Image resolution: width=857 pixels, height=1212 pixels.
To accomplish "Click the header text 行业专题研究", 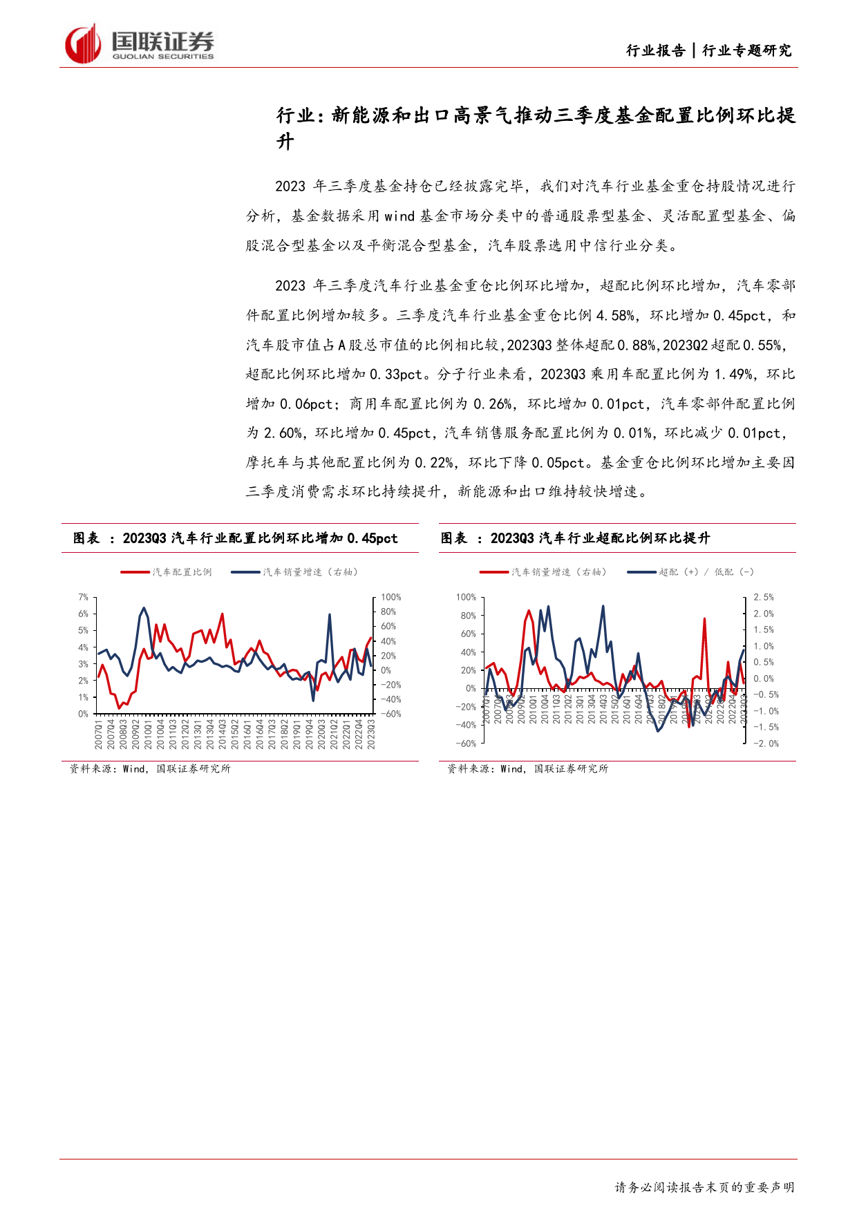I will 746,50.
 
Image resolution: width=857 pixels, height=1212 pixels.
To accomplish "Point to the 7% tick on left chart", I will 83,597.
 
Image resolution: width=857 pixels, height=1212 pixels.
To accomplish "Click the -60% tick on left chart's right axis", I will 390,714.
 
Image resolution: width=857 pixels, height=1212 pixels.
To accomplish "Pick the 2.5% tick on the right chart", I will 763,597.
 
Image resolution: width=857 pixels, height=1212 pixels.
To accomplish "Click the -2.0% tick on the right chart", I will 765,744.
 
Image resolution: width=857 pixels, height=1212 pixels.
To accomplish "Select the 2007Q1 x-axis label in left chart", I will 99,734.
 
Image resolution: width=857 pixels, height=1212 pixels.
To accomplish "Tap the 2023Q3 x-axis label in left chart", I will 371,734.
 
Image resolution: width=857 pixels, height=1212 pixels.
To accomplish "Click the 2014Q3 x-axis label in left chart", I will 223,734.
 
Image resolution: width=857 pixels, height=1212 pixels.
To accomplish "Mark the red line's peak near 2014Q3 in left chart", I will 222,614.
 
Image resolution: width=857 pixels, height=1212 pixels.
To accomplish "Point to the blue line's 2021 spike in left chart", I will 330,614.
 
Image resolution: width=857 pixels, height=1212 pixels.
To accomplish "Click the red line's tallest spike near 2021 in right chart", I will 704,618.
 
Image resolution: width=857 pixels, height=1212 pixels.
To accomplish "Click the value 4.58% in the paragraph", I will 614,316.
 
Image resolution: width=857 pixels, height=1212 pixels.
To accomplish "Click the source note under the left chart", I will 150,768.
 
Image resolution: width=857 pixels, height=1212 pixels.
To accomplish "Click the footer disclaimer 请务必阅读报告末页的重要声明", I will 704,1187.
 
